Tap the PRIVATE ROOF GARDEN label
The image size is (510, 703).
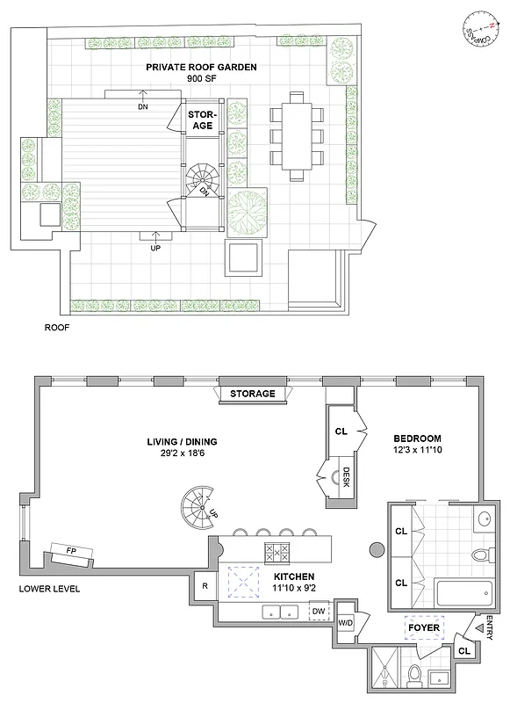coord(195,66)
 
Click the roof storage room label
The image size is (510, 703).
coord(203,120)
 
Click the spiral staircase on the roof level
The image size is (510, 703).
coord(201,183)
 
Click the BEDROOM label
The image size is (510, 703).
coord(417,438)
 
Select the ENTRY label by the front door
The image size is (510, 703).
coord(488,627)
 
